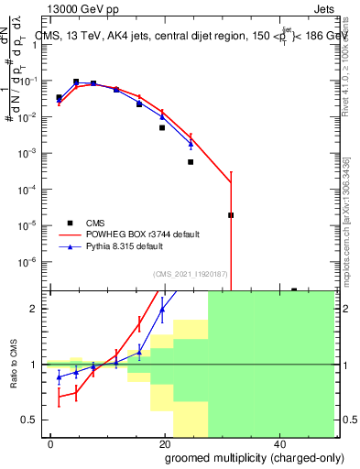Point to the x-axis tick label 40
pos(279,443)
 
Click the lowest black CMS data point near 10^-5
pos(231,215)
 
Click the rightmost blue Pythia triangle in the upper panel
pos(191,143)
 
